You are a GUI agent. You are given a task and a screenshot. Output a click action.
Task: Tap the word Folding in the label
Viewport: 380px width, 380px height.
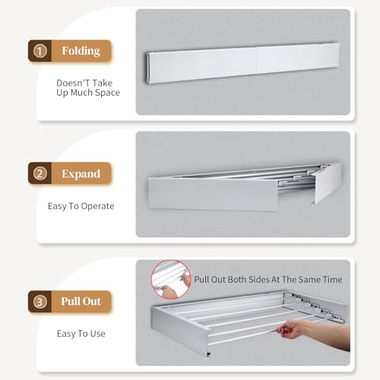81,51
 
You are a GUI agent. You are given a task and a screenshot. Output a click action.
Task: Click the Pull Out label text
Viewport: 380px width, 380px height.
81,301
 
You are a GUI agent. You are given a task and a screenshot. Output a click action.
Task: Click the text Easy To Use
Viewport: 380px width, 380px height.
81,333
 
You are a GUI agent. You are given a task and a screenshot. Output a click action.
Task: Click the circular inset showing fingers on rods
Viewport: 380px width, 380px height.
171,280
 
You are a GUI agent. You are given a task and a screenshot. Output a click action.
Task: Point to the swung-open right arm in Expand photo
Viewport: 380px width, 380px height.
327,182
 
